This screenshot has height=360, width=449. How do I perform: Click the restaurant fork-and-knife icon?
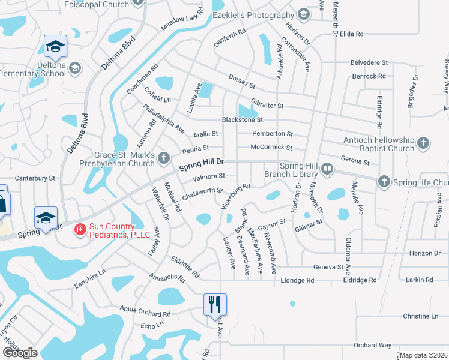coord(215,304)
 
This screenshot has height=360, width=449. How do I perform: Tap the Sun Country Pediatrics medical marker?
coord(79,229)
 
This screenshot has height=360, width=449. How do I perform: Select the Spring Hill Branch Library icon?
coord(327,170)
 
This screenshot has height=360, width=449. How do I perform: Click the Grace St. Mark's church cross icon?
coord(164,159)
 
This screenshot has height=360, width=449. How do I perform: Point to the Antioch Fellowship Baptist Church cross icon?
coord(423,143)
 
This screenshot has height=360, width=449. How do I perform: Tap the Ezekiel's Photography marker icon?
coord(304,14)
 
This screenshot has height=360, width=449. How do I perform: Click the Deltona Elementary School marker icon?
coord(75,67)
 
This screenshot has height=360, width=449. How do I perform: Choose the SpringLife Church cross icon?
coord(384,181)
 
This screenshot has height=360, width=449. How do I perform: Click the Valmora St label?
coord(208,177)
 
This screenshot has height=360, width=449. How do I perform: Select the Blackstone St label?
coord(243,119)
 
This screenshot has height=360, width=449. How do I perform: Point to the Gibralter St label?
coord(267,106)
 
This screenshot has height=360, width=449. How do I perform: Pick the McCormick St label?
coord(271,147)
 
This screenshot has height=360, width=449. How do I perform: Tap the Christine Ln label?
coord(421,316)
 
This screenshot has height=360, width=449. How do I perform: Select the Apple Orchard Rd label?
coord(145,311)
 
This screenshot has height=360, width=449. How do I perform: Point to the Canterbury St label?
coord(35,178)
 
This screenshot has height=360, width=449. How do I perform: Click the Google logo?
coord(20,353)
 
